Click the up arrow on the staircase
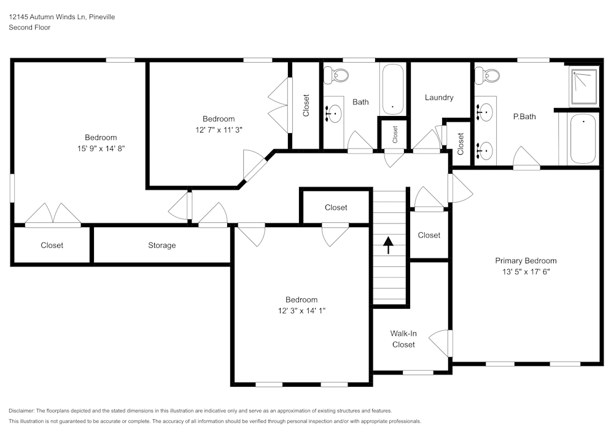tap(387, 245)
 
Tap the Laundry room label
tap(439, 98)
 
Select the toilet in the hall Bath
tap(336, 76)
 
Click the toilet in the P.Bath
tap(489, 76)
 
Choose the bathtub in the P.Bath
tap(582, 139)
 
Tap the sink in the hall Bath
tap(333, 113)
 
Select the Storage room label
tap(161, 246)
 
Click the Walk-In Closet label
tap(403, 339)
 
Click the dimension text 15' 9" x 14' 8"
tap(101, 148)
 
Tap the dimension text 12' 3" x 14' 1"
tap(301, 311)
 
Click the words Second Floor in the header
tap(29, 28)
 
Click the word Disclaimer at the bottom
tap(21, 411)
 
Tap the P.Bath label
tap(525, 116)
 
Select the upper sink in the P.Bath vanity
tap(484, 112)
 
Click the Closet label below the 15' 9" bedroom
tap(52, 246)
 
